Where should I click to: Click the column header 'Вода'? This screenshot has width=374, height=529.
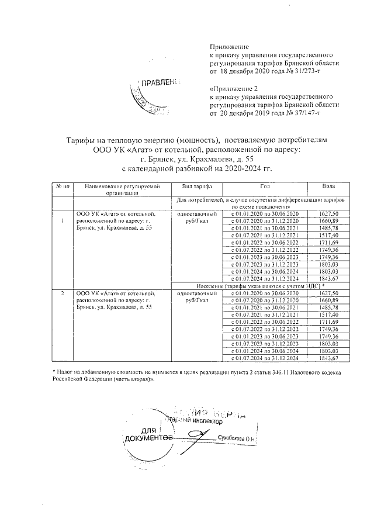pos(329,186)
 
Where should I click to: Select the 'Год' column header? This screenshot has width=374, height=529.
pos(264,186)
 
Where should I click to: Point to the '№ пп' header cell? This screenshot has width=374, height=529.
pos(61,186)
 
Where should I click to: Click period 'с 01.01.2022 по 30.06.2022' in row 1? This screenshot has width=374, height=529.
pos(264,242)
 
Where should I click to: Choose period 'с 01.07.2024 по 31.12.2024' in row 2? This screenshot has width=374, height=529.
pos(264,357)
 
